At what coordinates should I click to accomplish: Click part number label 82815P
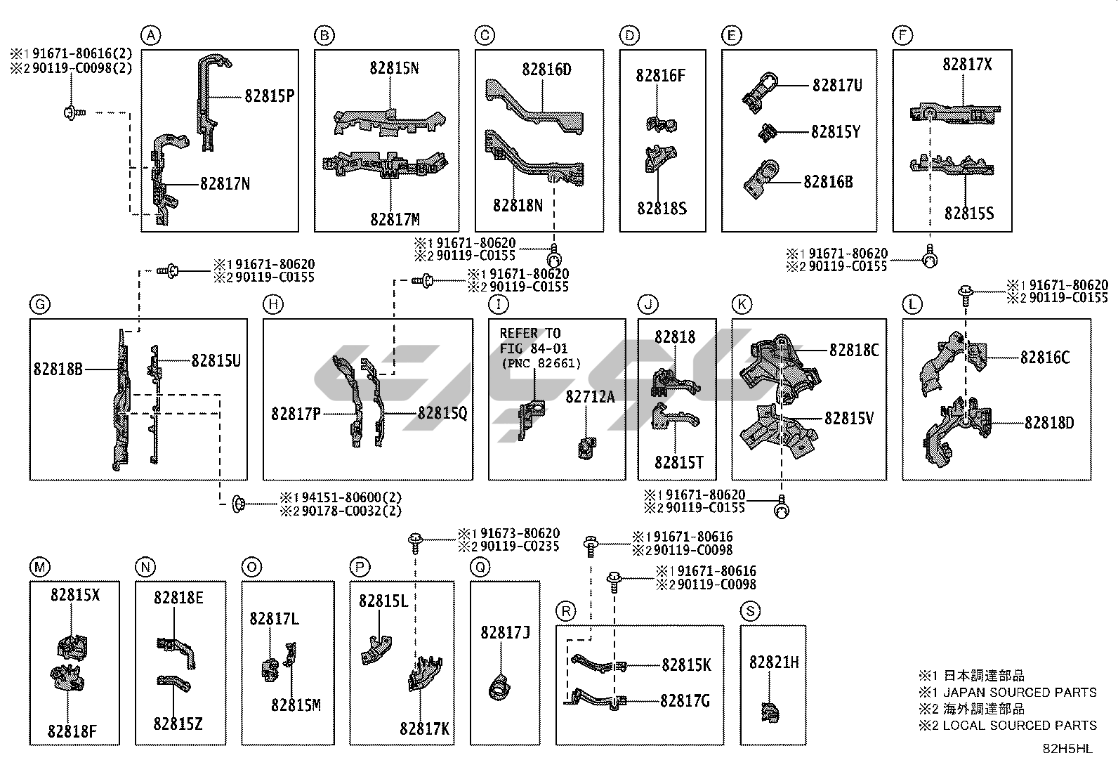click(x=269, y=96)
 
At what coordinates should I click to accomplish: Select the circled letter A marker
click(x=150, y=35)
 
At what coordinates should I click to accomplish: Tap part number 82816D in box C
click(x=546, y=70)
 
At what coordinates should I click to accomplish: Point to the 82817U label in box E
click(x=837, y=85)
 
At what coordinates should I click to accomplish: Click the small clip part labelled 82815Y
click(x=767, y=131)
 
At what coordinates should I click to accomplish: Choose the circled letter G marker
click(x=39, y=304)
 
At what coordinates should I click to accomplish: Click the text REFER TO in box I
click(x=530, y=333)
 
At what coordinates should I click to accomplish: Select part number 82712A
click(x=590, y=397)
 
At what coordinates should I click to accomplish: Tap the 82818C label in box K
click(x=853, y=350)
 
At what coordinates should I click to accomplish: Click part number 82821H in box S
click(x=773, y=662)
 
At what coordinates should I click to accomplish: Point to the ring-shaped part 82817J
click(x=499, y=686)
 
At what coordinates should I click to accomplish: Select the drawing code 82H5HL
click(x=1067, y=748)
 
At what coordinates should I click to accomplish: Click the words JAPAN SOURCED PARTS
click(x=1019, y=692)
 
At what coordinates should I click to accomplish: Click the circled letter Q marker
click(x=480, y=567)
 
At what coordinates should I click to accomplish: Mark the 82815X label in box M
click(x=74, y=594)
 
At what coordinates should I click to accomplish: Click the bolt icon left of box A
click(x=72, y=111)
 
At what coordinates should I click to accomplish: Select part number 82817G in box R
click(x=685, y=700)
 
